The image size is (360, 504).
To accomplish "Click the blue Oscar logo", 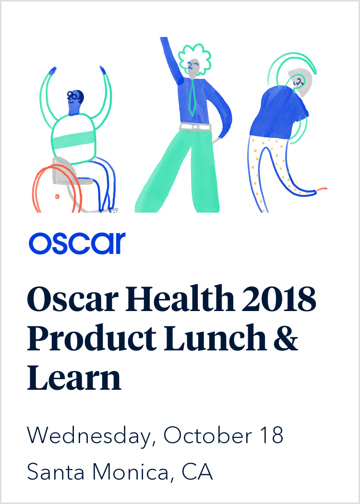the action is pyautogui.click(x=77, y=243).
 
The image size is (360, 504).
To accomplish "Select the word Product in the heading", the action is pyautogui.click(x=91, y=337).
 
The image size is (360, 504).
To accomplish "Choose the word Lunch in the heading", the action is pyautogui.click(x=215, y=337).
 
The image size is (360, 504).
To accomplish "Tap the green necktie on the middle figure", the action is pyautogui.click(x=192, y=97).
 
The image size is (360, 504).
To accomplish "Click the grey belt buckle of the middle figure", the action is pyautogui.click(x=195, y=127).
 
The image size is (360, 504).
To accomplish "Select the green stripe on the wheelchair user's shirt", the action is pyautogui.click(x=74, y=139).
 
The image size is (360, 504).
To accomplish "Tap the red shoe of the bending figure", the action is pyautogui.click(x=322, y=190).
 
